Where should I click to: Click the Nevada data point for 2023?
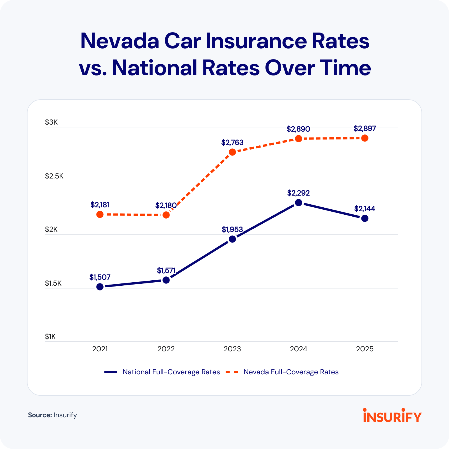point(232,152)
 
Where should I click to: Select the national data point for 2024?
point(299,203)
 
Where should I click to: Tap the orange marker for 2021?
point(100,214)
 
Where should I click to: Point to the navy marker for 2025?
point(365,218)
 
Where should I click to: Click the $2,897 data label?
point(365,129)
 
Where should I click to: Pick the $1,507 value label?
point(100,277)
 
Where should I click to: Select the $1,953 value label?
point(232,230)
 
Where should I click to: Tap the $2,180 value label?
point(166,205)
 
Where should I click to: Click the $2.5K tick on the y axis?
point(54,176)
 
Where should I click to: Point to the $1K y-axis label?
point(50,336)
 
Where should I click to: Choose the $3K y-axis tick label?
point(51,122)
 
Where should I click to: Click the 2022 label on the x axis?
point(166,349)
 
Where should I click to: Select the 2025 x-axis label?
point(365,349)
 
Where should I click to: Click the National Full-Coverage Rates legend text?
point(171,372)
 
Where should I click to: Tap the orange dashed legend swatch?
point(232,372)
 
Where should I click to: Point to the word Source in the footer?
point(40,415)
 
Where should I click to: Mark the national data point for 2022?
point(166,280)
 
